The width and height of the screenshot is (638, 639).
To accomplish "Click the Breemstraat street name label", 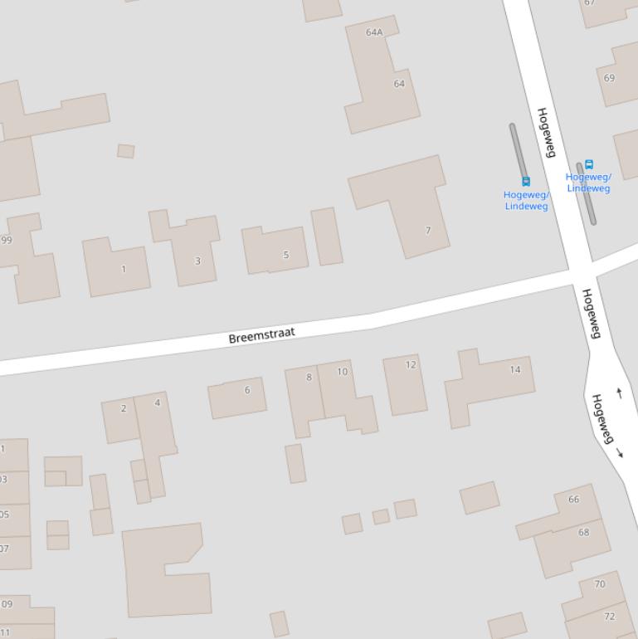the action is [261, 335].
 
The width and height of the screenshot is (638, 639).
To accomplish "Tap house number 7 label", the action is [428, 231].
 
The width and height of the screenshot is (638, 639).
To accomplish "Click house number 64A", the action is [374, 32].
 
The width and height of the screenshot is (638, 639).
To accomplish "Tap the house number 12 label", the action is [411, 364].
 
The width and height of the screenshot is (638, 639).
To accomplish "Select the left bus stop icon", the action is [525, 181].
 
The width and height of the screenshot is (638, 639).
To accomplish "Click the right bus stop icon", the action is [589, 164].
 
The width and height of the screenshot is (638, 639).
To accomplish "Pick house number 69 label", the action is [610, 78].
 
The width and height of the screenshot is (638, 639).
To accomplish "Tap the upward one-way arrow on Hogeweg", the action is [618, 393].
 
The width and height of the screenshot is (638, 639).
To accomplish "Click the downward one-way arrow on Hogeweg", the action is [620, 453].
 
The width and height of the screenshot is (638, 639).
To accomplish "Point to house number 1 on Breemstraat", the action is [124, 269].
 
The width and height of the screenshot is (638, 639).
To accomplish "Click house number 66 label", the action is [574, 500].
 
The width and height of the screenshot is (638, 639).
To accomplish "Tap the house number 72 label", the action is [610, 617].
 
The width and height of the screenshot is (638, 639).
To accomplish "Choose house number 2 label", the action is [124, 408].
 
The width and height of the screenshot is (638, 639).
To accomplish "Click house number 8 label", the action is [309, 377].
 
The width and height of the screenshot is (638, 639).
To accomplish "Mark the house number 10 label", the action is [342, 372].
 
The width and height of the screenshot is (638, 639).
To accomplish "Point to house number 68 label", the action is [583, 533].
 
